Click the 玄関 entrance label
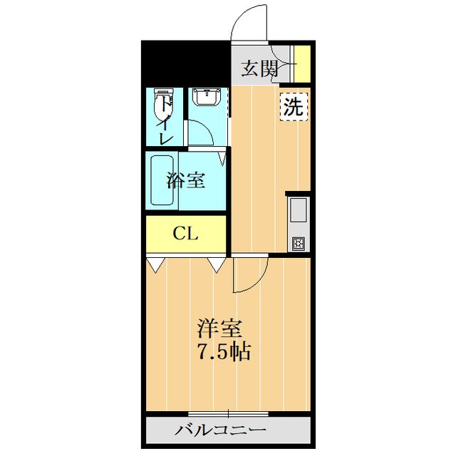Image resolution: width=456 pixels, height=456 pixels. click(259, 69)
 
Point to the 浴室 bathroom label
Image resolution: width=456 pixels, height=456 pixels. click(186, 180)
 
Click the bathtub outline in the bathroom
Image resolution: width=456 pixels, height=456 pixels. click(162, 181)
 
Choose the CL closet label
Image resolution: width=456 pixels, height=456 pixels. click(186, 234)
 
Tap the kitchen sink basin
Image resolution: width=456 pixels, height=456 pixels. click(297, 212)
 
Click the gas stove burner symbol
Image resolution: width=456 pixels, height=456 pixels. click(297, 244)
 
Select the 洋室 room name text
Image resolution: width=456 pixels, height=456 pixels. click(220, 329)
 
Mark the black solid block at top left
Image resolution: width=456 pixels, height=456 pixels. click(185, 64)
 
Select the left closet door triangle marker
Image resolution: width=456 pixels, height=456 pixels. click(155, 265)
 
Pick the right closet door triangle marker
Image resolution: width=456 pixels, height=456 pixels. click(216, 265)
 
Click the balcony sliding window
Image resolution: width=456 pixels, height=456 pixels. click(228, 414)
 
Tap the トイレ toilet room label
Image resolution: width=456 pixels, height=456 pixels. click(165, 121)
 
